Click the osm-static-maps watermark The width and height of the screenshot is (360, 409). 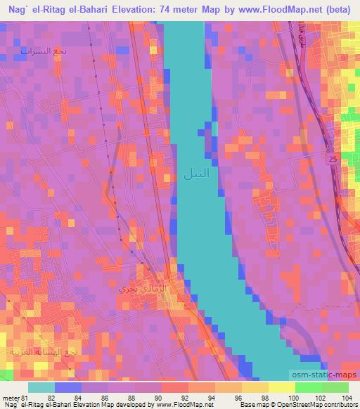328,376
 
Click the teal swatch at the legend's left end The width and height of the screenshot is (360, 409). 41,387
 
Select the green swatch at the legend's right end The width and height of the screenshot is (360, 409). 335,387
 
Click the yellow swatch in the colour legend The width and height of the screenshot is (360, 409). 281,387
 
